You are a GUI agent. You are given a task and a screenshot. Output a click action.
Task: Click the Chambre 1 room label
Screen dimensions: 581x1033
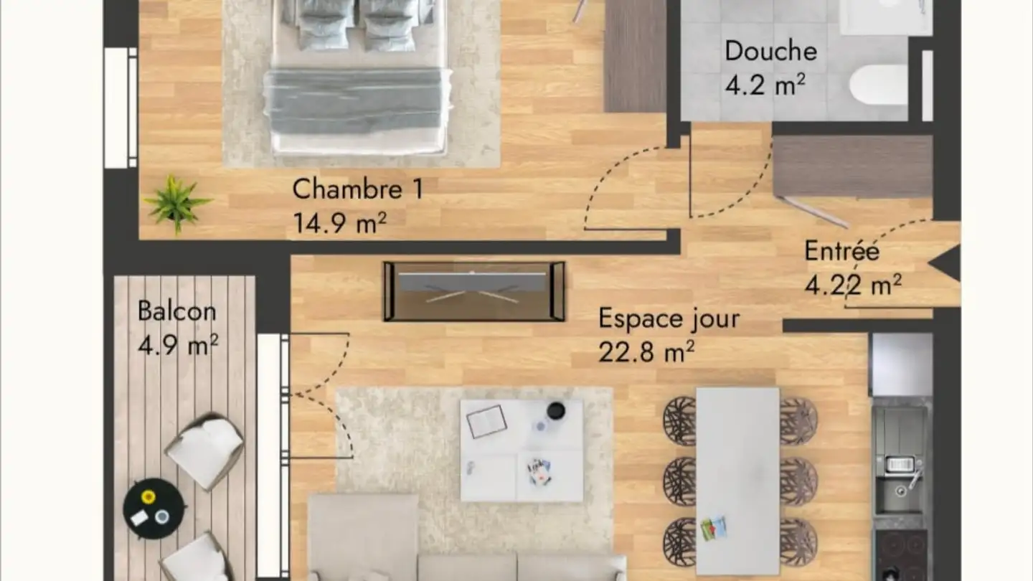click(x=357, y=189)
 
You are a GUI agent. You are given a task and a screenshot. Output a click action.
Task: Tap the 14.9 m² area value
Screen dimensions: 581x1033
click(x=339, y=222)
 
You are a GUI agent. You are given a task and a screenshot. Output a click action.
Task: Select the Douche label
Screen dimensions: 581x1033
click(x=770, y=52)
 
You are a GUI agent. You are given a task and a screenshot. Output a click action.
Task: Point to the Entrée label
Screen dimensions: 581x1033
click(x=841, y=251)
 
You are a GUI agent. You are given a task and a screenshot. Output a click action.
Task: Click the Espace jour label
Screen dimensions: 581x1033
click(x=669, y=318)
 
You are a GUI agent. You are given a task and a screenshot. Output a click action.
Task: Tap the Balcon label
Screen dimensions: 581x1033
click(x=176, y=311)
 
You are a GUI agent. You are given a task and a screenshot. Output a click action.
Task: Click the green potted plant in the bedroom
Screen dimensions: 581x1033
click(x=176, y=203)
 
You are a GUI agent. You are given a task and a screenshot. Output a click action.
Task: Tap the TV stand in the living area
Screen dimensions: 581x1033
click(x=474, y=290)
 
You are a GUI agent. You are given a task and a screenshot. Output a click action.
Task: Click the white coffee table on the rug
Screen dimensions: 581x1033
click(x=522, y=450)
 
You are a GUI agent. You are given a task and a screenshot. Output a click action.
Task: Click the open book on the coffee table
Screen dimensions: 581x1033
click(x=486, y=421)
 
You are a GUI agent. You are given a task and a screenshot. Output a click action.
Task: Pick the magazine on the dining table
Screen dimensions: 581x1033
click(x=713, y=528)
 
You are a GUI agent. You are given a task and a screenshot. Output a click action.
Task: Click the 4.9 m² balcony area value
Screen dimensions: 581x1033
click(x=177, y=346)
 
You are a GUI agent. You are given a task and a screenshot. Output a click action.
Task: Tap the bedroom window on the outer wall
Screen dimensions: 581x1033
click(x=120, y=108)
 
